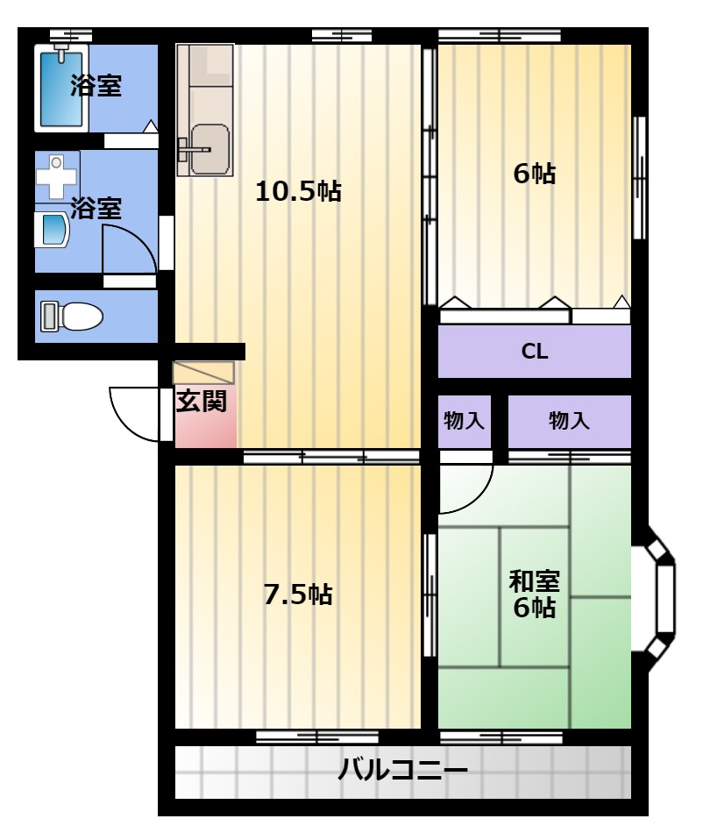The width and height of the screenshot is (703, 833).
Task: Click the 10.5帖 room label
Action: point(298,191)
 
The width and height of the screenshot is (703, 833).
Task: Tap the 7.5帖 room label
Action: point(298,594)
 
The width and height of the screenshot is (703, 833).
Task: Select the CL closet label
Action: point(534,352)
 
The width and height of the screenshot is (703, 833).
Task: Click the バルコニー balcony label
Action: point(403,770)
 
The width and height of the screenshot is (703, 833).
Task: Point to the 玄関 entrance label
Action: point(202,401)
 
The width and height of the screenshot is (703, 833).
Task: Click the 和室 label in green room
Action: point(534,581)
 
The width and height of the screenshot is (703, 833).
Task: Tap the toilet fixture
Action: point(72,317)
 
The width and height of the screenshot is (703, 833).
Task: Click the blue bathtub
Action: point(61,89)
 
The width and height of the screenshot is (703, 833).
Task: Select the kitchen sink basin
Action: point(210,149)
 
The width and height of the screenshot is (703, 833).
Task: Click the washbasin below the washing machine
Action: point(52,230)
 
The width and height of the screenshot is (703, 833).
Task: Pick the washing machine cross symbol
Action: point(57,177)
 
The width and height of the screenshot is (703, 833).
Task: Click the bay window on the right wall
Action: point(661,598)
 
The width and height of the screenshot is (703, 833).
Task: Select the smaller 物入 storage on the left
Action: point(464,421)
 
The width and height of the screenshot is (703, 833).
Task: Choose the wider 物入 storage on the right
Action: point(569,421)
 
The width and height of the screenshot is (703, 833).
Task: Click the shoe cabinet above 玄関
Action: point(204,373)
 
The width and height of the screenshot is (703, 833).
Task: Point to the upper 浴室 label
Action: point(96,86)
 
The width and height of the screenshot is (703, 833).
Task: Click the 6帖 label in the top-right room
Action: point(534,174)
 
